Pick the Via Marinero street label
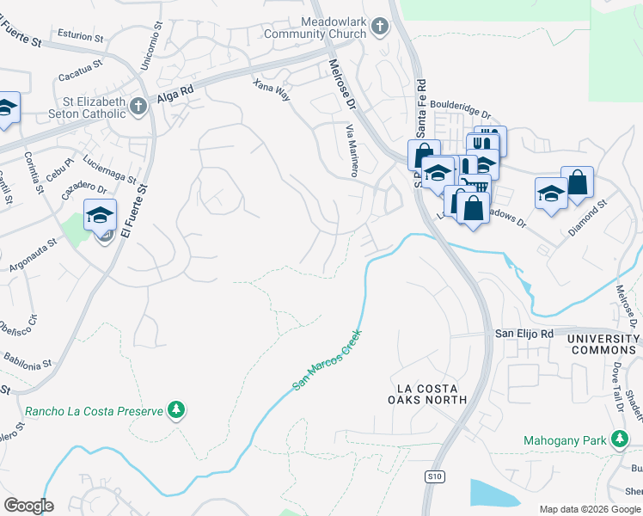coord(352,150)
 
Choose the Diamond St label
coord(588,220)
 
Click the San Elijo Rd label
coord(522,333)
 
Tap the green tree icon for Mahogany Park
coord(620,440)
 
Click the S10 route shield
coord(433,475)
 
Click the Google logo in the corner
coord(28,505)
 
